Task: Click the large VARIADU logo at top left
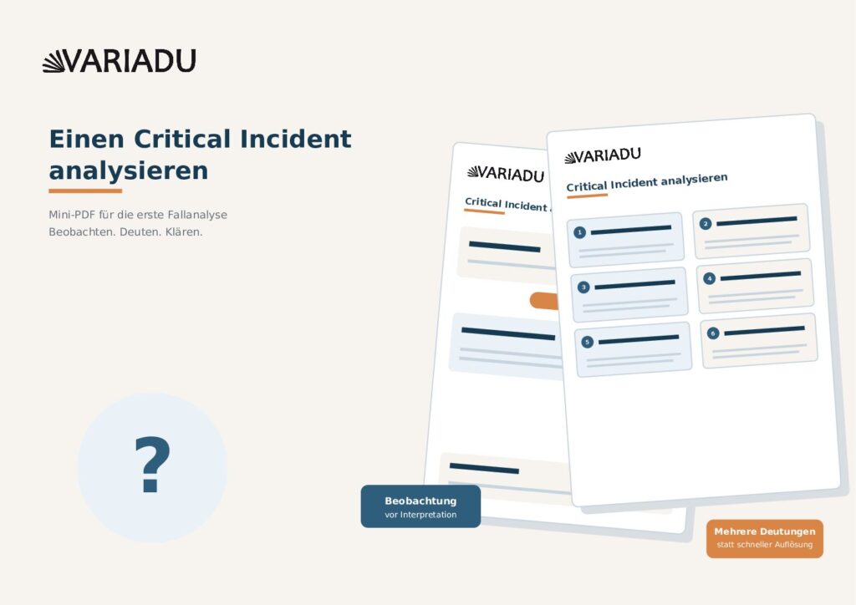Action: click(119, 60)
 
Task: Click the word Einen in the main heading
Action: click(87, 139)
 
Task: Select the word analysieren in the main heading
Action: click(129, 170)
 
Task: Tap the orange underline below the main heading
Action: click(85, 191)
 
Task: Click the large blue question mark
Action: click(152, 465)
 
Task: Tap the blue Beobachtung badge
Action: click(420, 506)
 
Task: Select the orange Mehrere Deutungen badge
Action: click(764, 538)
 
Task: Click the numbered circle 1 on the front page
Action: click(580, 232)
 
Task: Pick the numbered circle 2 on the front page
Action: click(706, 224)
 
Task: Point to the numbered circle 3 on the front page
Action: click(583, 287)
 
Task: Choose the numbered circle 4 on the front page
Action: click(709, 278)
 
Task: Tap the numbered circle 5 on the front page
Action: click(588, 342)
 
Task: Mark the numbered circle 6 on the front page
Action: click(713, 333)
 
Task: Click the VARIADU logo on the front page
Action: click(603, 156)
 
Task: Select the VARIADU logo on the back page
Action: click(506, 174)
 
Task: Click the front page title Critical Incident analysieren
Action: click(647, 182)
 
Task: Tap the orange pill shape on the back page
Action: click(544, 301)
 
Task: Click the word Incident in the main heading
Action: click(295, 139)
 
